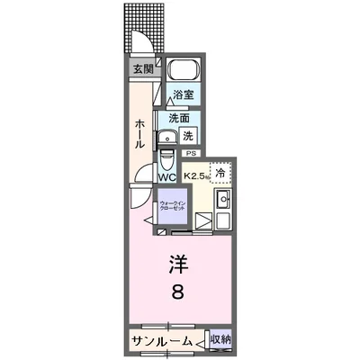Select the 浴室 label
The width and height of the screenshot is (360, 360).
(184, 94)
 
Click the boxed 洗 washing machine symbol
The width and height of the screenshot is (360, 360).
(188, 136)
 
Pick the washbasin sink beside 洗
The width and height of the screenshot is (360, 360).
(167, 138)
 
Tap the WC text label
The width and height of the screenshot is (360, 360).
(167, 177)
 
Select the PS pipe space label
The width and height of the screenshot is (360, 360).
(190, 154)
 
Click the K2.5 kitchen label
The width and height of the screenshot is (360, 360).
(196, 176)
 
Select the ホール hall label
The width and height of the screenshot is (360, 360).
(140, 135)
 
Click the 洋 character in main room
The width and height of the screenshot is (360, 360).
(178, 265)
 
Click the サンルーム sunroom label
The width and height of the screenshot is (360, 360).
(161, 340)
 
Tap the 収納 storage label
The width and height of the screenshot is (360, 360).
(220, 340)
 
